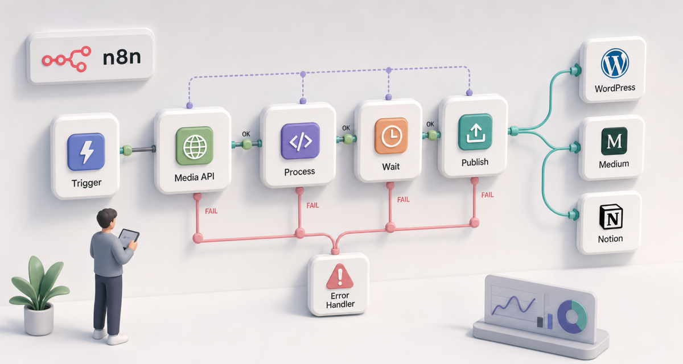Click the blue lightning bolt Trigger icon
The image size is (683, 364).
coord(86,151)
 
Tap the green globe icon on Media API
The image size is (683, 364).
coord(195,146)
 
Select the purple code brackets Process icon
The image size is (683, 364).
coord(301,140)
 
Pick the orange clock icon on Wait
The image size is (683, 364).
coord(391,135)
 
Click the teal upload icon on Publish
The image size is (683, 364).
coord(475,132)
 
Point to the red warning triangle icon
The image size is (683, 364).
coord(340,276)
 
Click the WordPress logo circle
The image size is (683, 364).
coord(615,63)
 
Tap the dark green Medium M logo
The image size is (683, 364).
coord(614,141)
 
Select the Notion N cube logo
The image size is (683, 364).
coord(611,217)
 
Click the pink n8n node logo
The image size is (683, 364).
coord(67,59)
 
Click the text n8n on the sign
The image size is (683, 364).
coord(122,57)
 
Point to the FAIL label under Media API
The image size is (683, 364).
coord(211,211)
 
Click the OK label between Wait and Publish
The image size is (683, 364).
coord(430,124)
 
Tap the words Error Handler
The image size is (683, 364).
coord(340,300)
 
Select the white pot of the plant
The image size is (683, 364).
coord(39,319)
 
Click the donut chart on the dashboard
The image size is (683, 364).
coord(572,316)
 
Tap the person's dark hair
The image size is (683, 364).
coord(106,217)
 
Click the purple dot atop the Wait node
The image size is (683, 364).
coord(388,97)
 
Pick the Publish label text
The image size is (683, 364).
coord(475,162)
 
